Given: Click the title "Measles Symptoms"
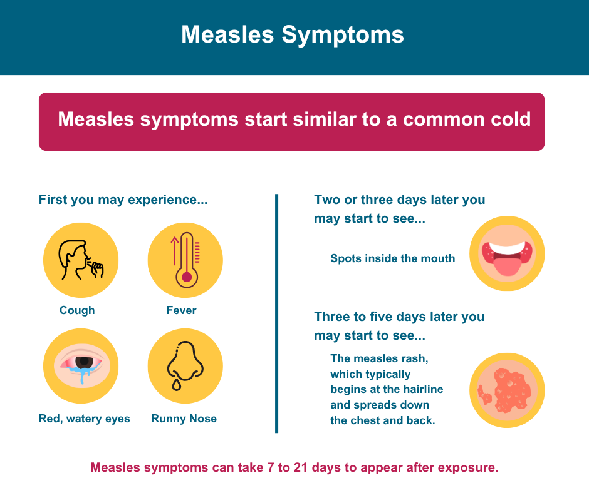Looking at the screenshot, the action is (293, 35).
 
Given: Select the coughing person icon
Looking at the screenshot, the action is (81, 260).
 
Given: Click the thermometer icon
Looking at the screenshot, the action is (186, 260).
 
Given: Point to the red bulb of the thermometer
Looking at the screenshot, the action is (187, 277).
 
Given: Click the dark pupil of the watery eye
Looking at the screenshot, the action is (84, 362).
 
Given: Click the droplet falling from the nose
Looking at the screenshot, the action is (176, 385).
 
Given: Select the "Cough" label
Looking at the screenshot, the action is (77, 310).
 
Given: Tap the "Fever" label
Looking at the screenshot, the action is (182, 310).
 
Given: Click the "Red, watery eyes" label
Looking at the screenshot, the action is (84, 419).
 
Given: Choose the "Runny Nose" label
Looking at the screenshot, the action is (184, 419).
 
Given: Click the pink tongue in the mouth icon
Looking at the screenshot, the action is (507, 265).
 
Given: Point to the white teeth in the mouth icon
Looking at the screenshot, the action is (507, 248).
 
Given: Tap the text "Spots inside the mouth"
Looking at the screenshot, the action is (392, 258).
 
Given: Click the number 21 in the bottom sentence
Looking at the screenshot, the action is (301, 467).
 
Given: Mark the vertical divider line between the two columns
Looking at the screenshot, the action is (277, 313).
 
